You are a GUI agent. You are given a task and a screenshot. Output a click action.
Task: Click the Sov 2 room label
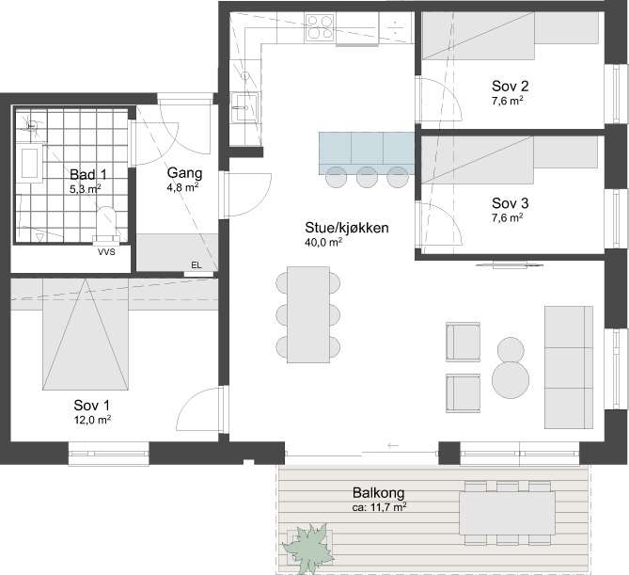(x=510, y=86)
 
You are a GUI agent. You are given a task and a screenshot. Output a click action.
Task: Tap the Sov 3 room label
(x=510, y=203)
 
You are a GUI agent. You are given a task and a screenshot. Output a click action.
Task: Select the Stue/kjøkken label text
(x=347, y=228)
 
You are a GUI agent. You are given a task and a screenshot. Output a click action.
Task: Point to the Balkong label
(x=378, y=492)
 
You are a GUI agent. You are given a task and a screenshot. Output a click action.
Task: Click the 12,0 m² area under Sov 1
(x=93, y=420)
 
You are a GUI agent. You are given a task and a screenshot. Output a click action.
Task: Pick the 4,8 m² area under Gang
(x=183, y=187)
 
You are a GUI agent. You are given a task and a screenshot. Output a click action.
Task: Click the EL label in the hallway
(x=197, y=265)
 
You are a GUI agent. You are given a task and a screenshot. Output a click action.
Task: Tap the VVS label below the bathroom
(x=106, y=252)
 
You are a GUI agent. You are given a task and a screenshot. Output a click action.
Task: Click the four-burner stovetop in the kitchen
(x=320, y=27)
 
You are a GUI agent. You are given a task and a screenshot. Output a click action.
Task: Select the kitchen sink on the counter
(x=245, y=107)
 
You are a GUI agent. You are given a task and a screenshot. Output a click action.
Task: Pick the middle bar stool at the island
(x=368, y=177)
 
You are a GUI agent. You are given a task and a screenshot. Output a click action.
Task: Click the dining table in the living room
(x=308, y=314)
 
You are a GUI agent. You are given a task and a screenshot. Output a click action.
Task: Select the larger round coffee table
(x=511, y=380)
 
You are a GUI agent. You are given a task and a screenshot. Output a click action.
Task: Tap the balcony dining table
(x=507, y=513)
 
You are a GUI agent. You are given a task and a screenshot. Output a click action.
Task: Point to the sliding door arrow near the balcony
(x=393, y=445)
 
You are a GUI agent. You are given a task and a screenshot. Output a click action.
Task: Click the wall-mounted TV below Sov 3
(x=510, y=265)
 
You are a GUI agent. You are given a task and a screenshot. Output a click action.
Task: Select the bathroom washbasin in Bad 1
(x=32, y=163)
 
